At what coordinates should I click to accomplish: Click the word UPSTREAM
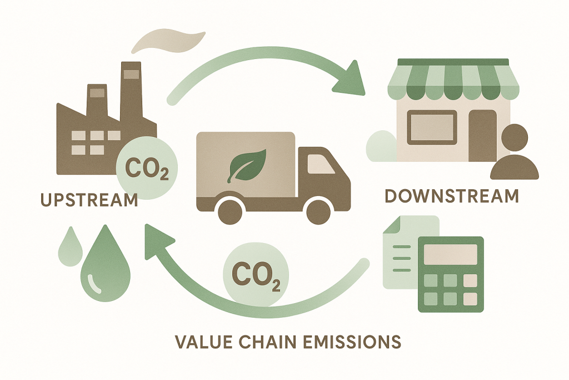(89, 200)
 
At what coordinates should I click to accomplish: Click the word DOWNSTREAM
(452, 195)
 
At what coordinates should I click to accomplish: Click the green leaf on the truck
(247, 165)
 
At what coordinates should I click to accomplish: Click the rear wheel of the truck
(231, 210)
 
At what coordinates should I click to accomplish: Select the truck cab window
(321, 163)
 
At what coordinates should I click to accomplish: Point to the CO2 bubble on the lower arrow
(256, 275)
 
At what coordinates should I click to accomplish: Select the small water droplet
(70, 247)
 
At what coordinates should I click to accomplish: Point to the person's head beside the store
(515, 137)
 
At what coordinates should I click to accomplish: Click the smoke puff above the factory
(168, 42)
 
